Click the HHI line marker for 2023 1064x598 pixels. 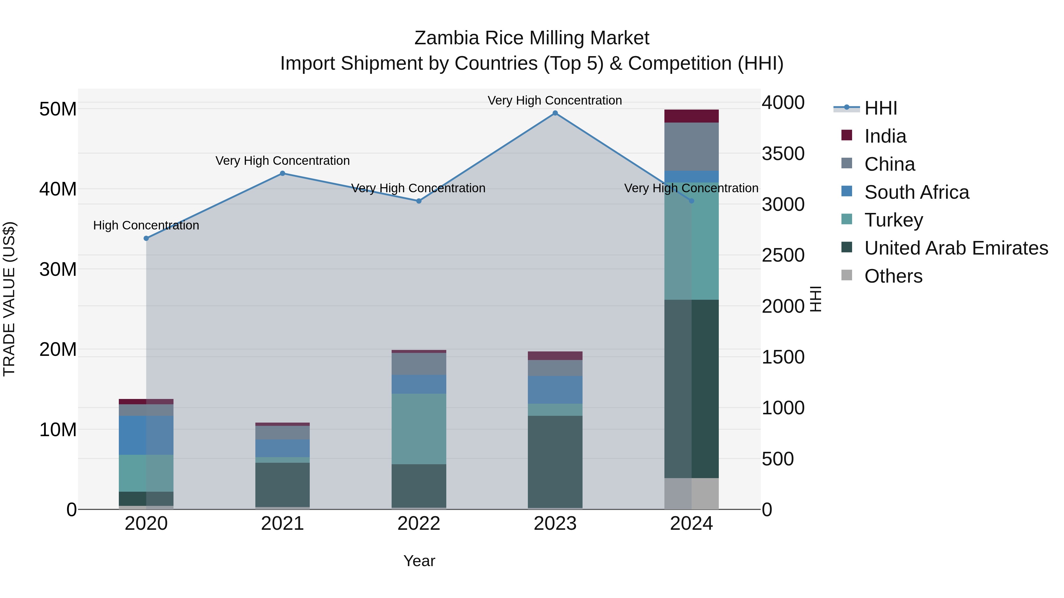click(555, 113)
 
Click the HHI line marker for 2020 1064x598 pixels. click(146, 238)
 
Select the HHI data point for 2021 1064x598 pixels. click(283, 173)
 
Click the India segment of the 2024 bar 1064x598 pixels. click(691, 116)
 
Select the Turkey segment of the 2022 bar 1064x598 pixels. click(419, 429)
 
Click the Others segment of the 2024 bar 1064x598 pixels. click(691, 493)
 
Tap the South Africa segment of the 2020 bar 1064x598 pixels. click(146, 435)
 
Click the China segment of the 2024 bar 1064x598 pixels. click(691, 146)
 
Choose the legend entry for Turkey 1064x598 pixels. click(893, 220)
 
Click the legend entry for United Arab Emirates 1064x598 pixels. click(956, 248)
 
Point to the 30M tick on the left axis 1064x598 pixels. click(58, 269)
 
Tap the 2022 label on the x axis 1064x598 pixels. click(419, 524)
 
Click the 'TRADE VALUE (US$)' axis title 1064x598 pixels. click(9, 299)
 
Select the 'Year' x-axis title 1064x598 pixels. click(419, 561)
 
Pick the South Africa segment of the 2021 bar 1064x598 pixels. click(283, 448)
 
